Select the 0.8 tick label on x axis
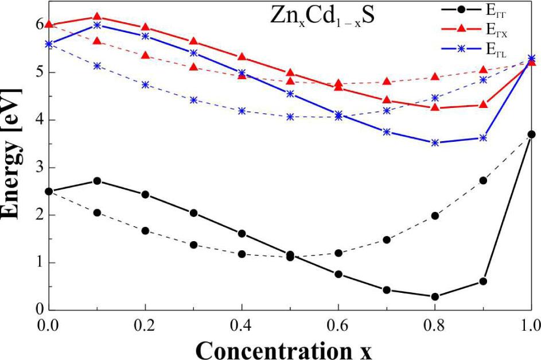(x=435, y=324)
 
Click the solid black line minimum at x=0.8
(x=435, y=297)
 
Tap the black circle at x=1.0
(x=531, y=134)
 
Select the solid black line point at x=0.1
(x=98, y=181)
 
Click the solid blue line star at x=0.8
(x=435, y=143)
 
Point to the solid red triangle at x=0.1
(x=98, y=17)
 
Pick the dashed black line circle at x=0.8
(x=435, y=216)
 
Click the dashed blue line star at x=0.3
(x=194, y=100)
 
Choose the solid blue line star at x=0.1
(x=98, y=25)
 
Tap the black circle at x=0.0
(x=49, y=191)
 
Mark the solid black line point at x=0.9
(x=483, y=281)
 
